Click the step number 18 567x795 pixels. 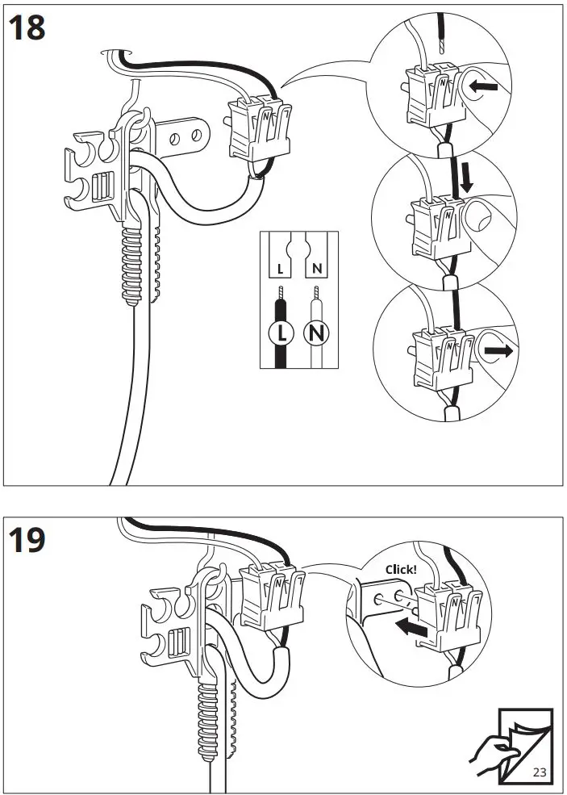[x=27, y=28]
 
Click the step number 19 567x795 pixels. [x=27, y=540]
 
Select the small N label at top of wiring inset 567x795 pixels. [x=318, y=266]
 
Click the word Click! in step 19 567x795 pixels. [x=401, y=569]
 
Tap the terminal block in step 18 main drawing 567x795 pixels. [x=259, y=128]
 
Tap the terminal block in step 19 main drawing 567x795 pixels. [x=273, y=596]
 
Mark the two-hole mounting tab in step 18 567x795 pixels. [x=184, y=135]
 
